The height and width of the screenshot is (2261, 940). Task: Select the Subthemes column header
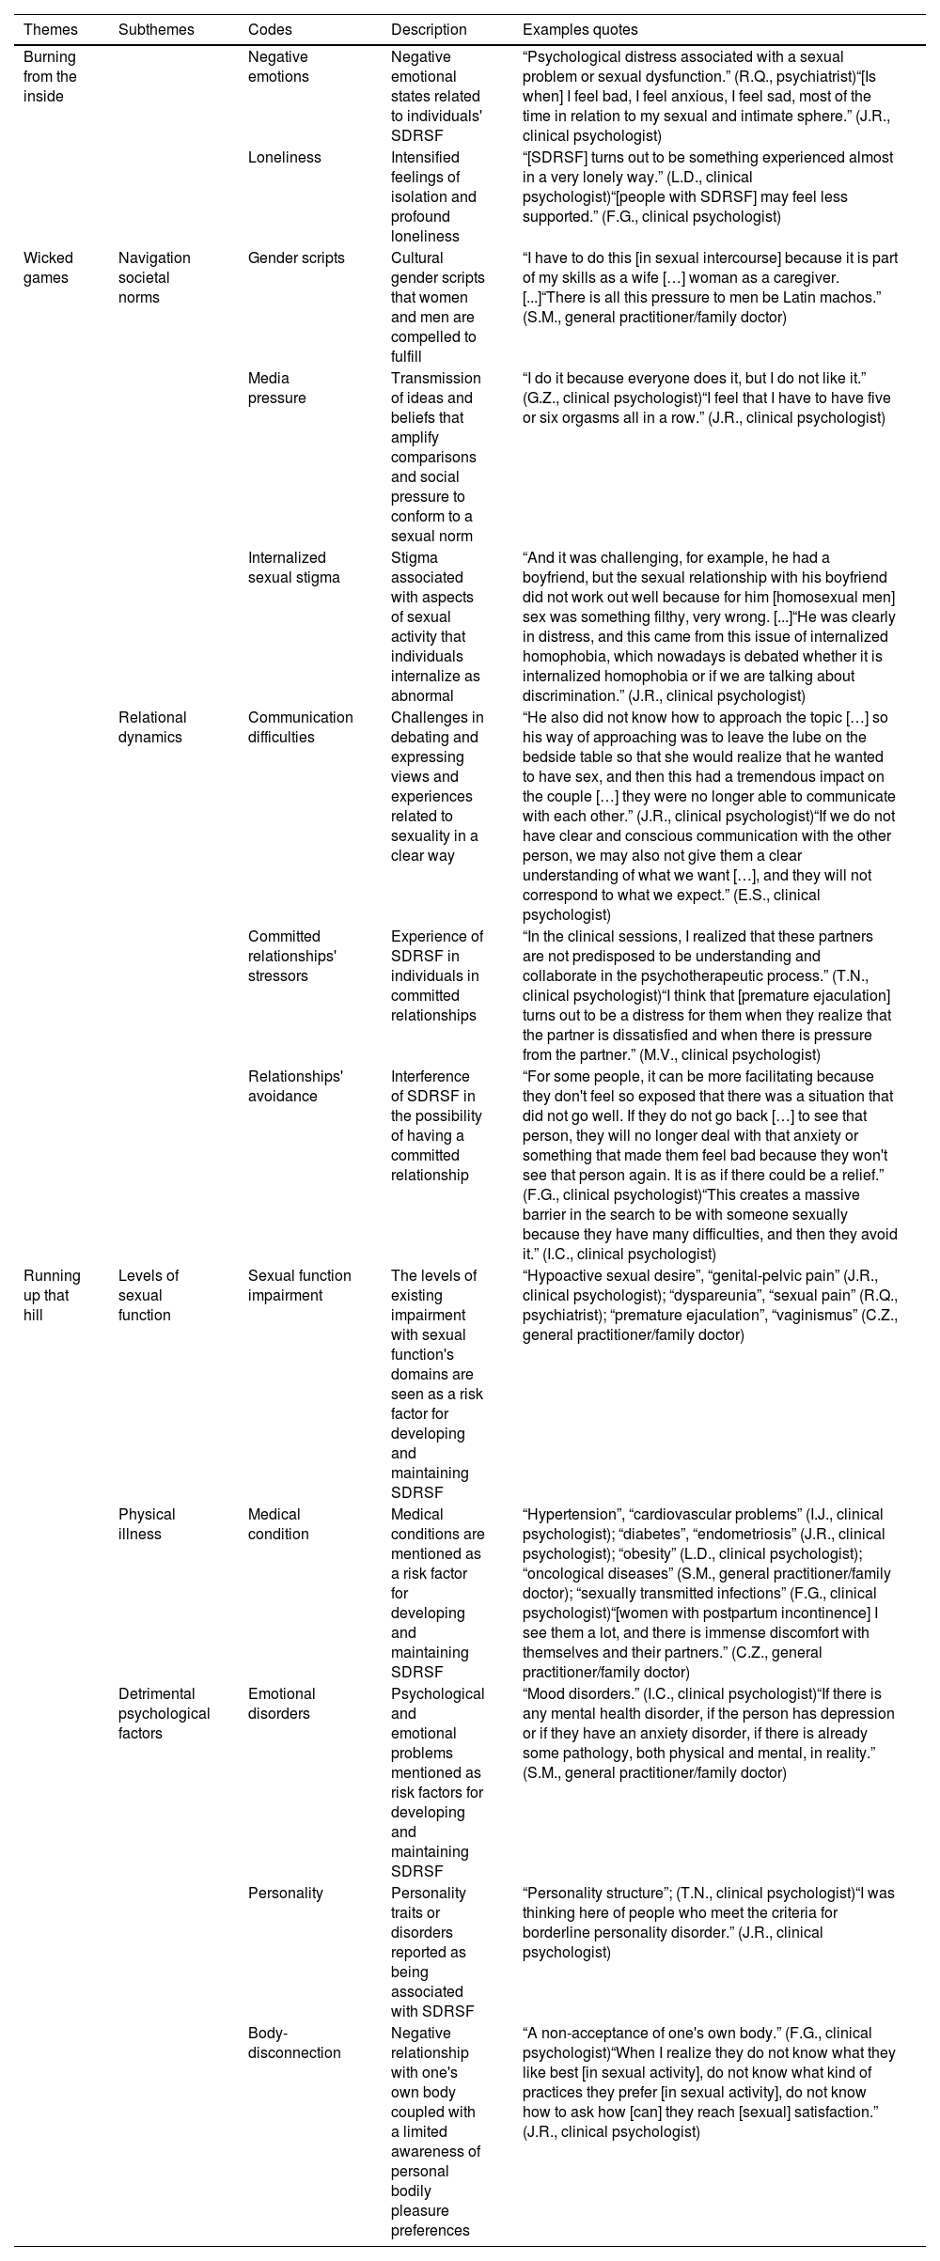coord(156,29)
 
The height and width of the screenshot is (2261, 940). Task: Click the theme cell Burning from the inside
coord(50,76)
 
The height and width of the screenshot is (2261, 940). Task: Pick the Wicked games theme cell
coord(48,268)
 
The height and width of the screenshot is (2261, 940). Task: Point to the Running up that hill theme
coord(52,1295)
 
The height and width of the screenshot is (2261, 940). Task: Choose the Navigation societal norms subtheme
coord(154,277)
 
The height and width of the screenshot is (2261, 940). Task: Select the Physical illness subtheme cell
coord(147,1523)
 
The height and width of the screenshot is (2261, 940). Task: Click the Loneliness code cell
coord(284,157)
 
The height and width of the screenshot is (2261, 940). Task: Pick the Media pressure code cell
coord(277,387)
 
